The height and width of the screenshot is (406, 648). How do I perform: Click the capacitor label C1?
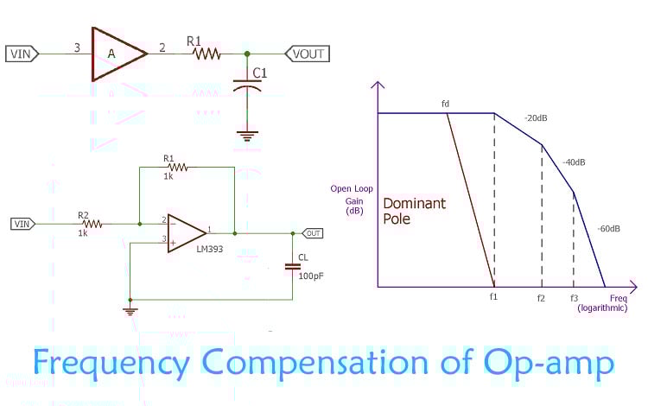pyautogui.click(x=260, y=73)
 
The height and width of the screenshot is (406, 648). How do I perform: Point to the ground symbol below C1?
pyautogui.click(x=247, y=135)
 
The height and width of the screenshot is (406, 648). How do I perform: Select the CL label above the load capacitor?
pyautogui.click(x=303, y=257)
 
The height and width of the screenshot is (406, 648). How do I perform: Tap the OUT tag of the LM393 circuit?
pyautogui.click(x=311, y=233)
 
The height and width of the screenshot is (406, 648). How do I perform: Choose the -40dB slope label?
pyautogui.click(x=574, y=162)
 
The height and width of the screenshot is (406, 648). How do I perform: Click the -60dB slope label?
pyautogui.click(x=608, y=228)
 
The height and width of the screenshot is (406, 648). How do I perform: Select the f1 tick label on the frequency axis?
pyautogui.click(x=494, y=297)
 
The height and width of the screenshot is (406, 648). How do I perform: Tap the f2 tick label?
pyautogui.click(x=541, y=297)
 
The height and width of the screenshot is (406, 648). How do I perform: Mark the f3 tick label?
pyautogui.click(x=574, y=297)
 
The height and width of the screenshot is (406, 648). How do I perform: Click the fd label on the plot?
pyautogui.click(x=446, y=105)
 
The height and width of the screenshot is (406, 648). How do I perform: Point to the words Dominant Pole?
pyautogui.click(x=415, y=211)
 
